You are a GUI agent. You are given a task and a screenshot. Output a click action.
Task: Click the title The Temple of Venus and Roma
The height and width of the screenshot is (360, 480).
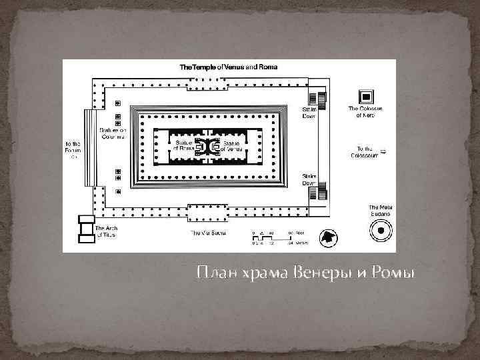229,67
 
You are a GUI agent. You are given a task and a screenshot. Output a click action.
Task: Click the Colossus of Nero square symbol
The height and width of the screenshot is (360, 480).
365,95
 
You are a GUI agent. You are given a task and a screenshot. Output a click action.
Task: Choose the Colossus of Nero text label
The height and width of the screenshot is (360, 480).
365,112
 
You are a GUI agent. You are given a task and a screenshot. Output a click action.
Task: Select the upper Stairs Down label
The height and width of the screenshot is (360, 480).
309,111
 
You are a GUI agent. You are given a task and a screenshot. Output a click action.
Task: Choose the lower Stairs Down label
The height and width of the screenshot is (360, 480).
309,180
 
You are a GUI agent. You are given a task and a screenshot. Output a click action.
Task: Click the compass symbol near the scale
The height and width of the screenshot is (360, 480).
329,238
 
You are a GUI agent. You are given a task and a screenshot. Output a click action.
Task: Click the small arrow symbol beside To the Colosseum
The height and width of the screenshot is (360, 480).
383,150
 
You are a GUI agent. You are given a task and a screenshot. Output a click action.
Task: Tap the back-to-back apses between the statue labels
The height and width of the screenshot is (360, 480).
207,146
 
